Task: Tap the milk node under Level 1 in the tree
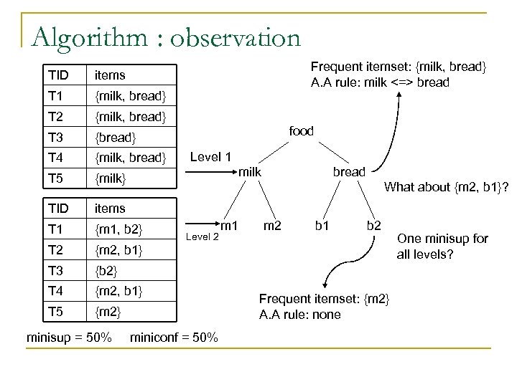(x=250, y=172)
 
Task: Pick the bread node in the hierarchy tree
(x=348, y=172)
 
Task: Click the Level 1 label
(x=211, y=157)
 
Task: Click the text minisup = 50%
(x=69, y=337)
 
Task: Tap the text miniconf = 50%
(x=175, y=337)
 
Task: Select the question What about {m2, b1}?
(x=447, y=188)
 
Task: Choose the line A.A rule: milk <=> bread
(x=381, y=82)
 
